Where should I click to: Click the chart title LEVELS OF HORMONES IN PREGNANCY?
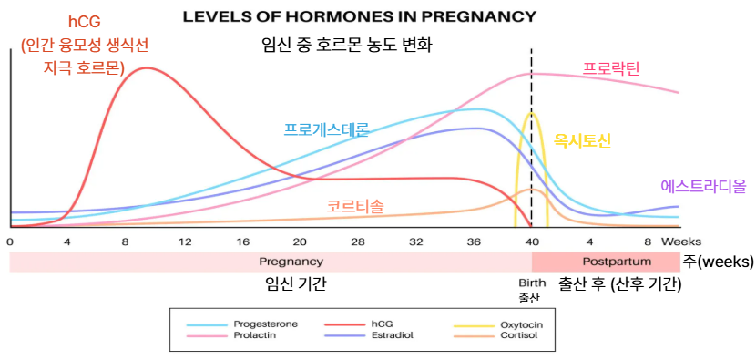359,17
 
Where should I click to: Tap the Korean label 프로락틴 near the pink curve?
611,68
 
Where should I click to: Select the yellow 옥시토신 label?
582,141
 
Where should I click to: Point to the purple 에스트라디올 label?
703,186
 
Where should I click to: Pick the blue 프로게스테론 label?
326,129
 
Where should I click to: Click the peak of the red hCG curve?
145,67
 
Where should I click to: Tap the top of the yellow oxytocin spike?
531,113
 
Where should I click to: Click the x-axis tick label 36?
475,242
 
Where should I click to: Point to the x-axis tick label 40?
532,242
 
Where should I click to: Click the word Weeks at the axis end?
681,242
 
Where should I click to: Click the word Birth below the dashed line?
532,283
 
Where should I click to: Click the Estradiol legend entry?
392,334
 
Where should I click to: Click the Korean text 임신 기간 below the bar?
295,284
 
